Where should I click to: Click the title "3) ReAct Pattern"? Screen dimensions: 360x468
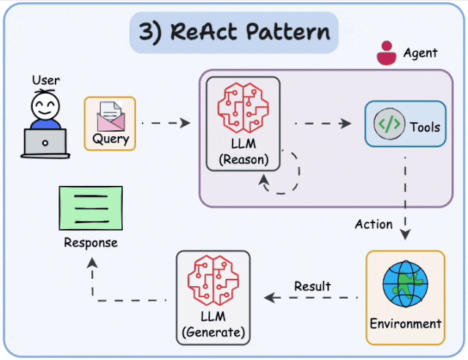click(x=233, y=33)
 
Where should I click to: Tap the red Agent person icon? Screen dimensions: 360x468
click(x=385, y=53)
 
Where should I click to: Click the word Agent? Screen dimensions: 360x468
click(x=420, y=53)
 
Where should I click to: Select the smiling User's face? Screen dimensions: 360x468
click(x=45, y=109)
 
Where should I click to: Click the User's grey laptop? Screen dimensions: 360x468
click(x=45, y=143)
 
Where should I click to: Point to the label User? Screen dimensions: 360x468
click(x=45, y=80)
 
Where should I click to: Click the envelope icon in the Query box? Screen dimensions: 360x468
click(x=110, y=116)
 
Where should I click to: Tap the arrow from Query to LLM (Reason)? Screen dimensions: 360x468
click(x=165, y=123)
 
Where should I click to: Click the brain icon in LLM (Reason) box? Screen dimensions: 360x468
click(x=242, y=106)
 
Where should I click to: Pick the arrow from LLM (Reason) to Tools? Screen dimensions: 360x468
click(x=322, y=123)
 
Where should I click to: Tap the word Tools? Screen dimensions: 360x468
click(x=425, y=127)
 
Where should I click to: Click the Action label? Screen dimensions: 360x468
click(x=374, y=224)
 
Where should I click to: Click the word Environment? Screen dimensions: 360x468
click(x=405, y=323)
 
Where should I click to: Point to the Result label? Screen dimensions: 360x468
click(x=312, y=286)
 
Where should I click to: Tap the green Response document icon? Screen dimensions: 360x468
click(x=90, y=208)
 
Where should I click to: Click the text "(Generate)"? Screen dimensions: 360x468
click(x=213, y=334)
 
